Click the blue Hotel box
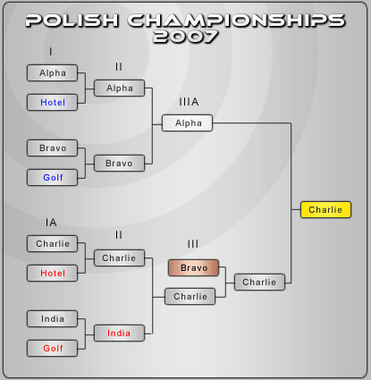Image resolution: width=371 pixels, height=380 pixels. (x=52, y=103)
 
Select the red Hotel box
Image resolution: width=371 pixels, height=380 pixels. (x=52, y=274)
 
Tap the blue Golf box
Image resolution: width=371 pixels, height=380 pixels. (x=52, y=178)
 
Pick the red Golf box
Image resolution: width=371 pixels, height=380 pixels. (x=52, y=349)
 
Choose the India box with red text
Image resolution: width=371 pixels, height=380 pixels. (x=119, y=334)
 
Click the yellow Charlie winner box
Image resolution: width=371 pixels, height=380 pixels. (x=325, y=210)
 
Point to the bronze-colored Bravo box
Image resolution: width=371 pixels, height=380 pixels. (x=193, y=267)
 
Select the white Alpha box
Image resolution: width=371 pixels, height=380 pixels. (x=187, y=122)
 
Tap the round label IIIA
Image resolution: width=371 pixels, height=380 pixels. (x=189, y=102)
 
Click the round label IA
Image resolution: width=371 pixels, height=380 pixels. (x=51, y=223)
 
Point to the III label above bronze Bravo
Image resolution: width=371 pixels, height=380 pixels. (x=193, y=244)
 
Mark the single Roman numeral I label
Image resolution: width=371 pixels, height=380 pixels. (x=51, y=52)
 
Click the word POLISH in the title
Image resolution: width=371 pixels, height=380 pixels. (x=72, y=21)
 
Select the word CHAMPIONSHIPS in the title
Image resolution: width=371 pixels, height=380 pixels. (x=236, y=21)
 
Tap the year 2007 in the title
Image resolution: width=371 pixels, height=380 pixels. (x=185, y=37)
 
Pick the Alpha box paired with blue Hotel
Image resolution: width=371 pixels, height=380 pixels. (x=52, y=73)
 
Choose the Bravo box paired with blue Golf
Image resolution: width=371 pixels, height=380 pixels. (x=52, y=148)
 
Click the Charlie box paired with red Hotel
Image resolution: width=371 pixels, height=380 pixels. (x=52, y=244)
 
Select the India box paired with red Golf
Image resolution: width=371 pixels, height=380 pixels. (x=52, y=319)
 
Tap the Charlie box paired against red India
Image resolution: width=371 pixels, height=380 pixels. (x=119, y=258)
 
